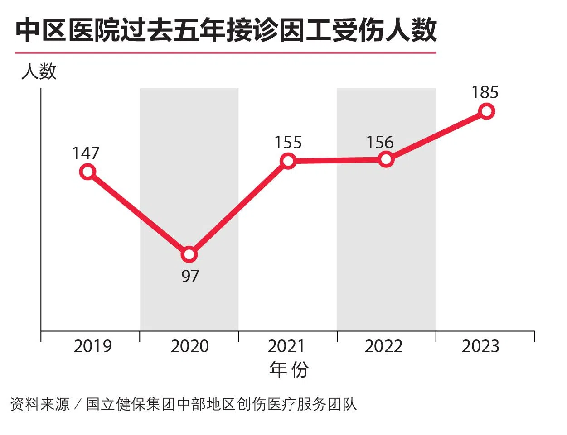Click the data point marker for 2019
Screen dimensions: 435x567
(87, 172)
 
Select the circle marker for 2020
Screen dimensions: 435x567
(189, 254)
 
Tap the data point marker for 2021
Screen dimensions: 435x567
(288, 161)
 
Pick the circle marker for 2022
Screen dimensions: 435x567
(386, 159)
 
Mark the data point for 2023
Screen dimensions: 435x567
(486, 111)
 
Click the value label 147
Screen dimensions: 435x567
(86, 153)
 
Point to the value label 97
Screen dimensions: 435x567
(190, 276)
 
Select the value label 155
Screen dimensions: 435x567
(288, 143)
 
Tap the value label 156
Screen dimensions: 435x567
(380, 143)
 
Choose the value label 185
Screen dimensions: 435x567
(485, 92)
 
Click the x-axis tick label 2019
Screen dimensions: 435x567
(92, 346)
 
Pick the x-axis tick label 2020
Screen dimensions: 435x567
(190, 346)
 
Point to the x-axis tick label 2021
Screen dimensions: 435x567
(287, 346)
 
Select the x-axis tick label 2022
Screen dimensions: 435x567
(384, 346)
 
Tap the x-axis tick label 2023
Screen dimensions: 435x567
(480, 346)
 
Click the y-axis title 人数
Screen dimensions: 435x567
(39, 72)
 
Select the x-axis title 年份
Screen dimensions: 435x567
(289, 369)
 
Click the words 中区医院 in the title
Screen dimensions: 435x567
(68, 31)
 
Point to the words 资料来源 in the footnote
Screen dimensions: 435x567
(40, 404)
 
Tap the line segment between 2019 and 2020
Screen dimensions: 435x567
(138, 213)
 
